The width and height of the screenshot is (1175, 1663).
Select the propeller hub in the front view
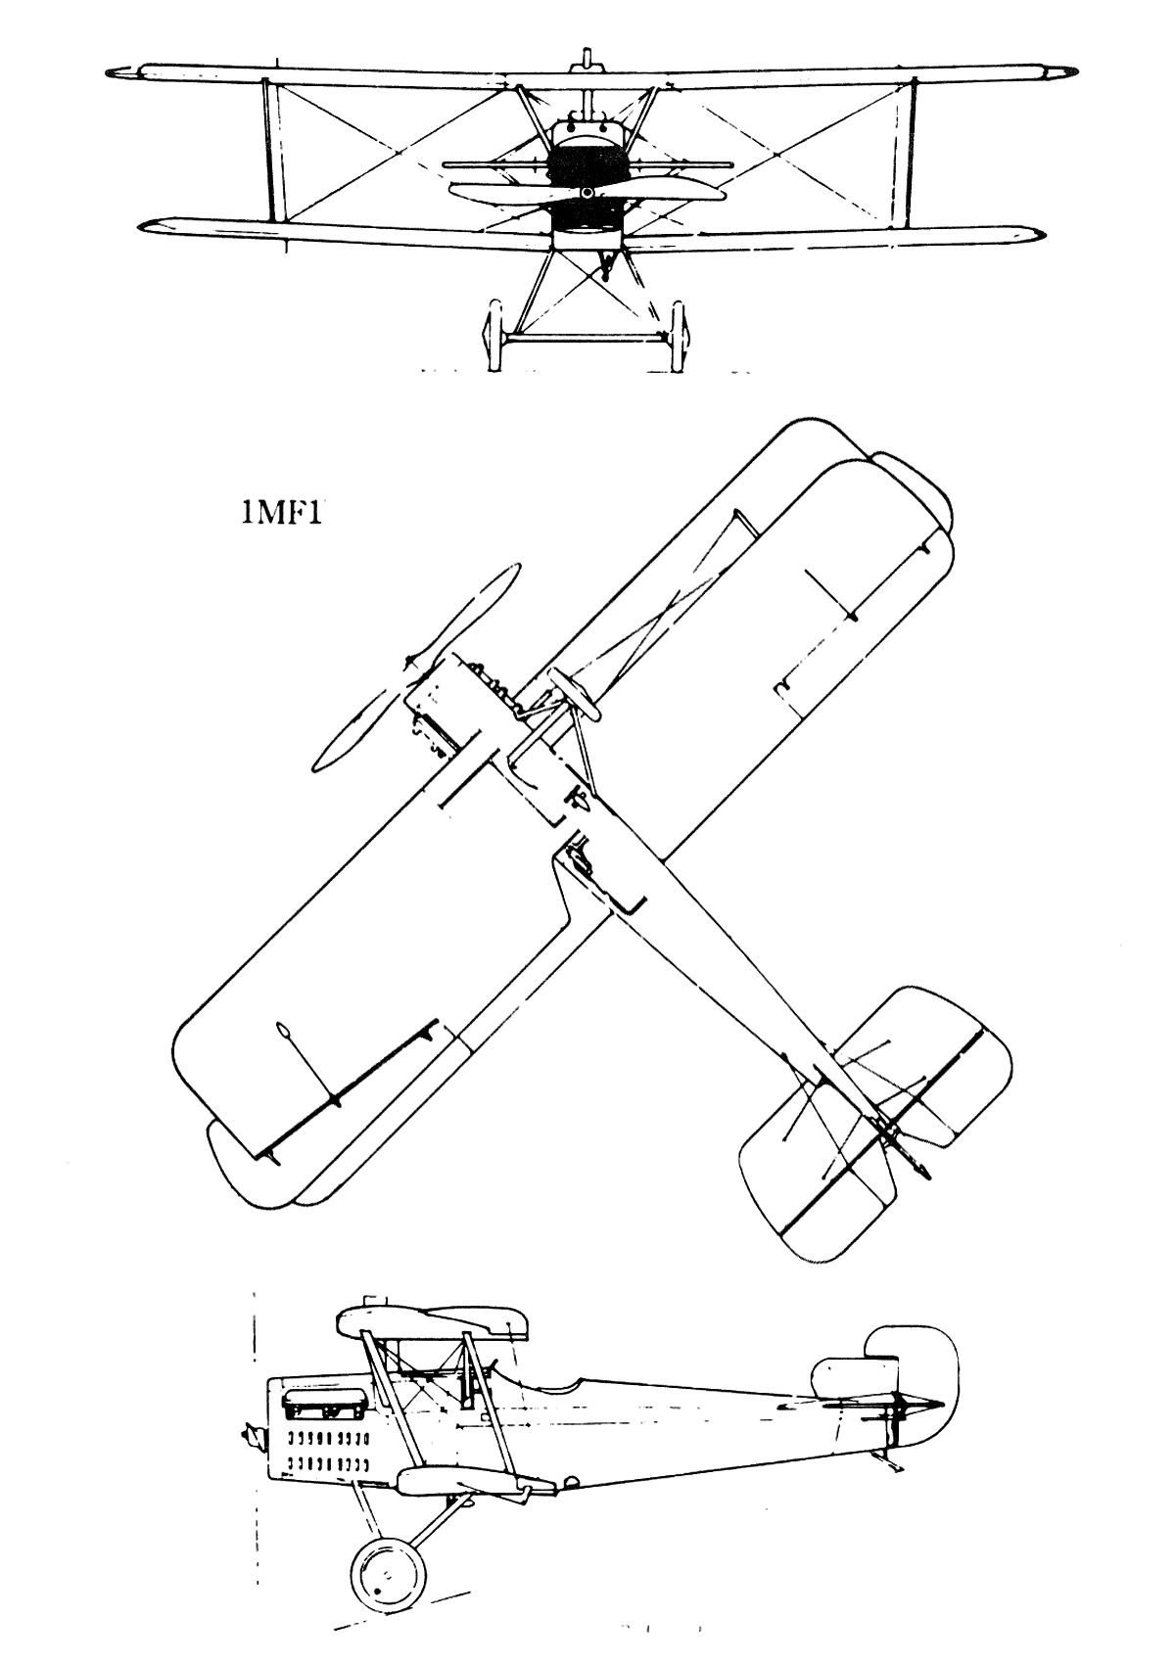(587, 193)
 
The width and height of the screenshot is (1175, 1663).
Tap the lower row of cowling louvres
(328, 1464)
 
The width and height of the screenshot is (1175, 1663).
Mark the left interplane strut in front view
(271, 149)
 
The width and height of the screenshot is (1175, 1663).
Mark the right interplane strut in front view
(906, 149)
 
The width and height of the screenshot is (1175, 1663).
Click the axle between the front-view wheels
(585, 339)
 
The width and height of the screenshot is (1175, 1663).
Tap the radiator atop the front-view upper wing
(587, 59)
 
